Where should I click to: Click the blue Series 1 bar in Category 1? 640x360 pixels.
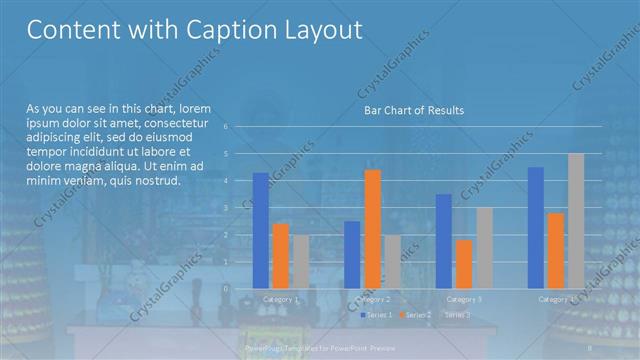[261, 230]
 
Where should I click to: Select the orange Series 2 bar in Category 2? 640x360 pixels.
[372, 229]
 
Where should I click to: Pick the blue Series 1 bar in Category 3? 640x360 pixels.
[444, 241]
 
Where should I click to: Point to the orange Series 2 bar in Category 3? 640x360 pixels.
[464, 264]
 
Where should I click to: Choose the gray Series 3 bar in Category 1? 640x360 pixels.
[301, 261]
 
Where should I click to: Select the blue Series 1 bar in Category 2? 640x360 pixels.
[352, 254]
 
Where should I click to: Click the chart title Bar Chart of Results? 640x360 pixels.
[413, 110]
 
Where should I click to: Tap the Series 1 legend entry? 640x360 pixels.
[377, 315]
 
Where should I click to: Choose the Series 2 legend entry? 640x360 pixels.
[416, 315]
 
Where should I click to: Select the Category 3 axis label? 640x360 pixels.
[464, 299]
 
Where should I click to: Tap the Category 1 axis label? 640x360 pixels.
[281, 299]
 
